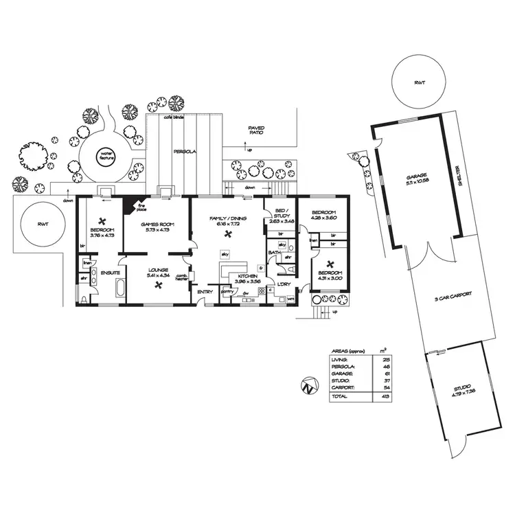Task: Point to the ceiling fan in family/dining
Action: pyautogui.click(x=227, y=233)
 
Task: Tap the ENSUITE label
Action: pyautogui.click(x=111, y=273)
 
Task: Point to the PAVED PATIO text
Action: pyautogui.click(x=256, y=130)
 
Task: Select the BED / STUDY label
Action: pyautogui.click(x=282, y=216)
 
